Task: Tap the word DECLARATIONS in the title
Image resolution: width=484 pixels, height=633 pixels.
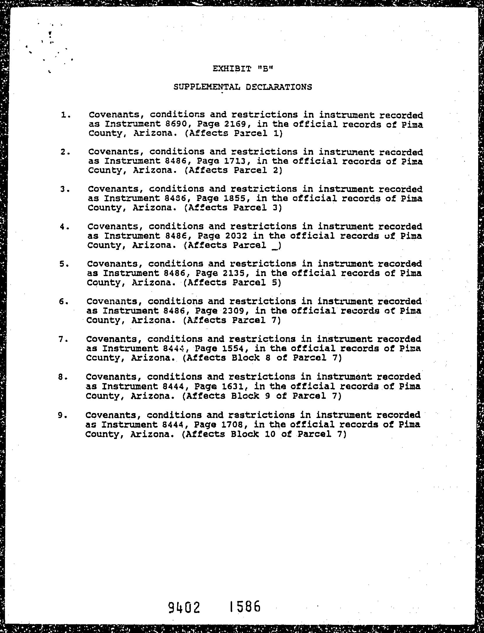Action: tap(279, 87)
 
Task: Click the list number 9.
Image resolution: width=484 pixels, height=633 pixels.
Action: tap(61, 415)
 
